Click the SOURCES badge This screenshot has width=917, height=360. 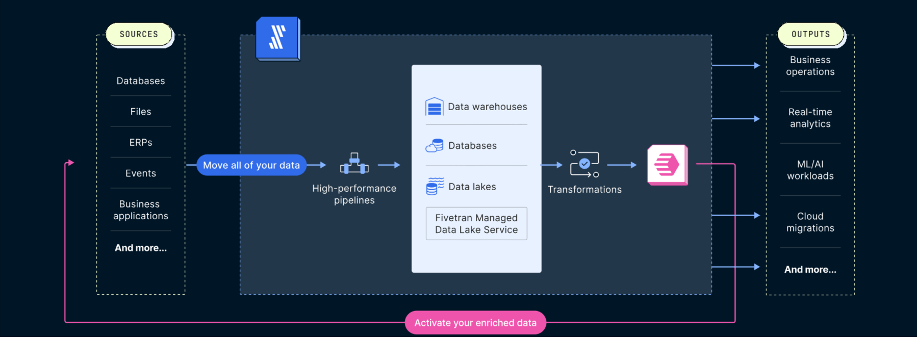coord(139,34)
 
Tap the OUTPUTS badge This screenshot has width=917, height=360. coord(810,34)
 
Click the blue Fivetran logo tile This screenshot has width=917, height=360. coord(277,38)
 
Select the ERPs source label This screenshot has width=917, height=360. coord(141,143)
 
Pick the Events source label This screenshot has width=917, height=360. coord(141,173)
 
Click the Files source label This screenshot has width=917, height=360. coord(141,112)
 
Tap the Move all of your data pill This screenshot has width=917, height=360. coord(251,165)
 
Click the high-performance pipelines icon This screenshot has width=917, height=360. coord(354,164)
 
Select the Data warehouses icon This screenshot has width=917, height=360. coord(435,107)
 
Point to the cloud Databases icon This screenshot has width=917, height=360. coord(435,146)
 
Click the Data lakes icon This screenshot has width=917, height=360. coord(435,187)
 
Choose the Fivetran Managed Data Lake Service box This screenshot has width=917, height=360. coord(476,224)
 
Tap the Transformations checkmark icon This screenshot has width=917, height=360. coord(584,164)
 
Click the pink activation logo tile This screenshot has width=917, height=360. coord(667,165)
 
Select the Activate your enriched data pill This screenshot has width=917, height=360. coord(475,323)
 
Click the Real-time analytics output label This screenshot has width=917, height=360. coord(810,118)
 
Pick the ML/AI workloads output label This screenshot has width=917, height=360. coord(810,170)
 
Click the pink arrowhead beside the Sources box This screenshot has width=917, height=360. coord(71,163)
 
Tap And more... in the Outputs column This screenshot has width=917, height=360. coord(810,270)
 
